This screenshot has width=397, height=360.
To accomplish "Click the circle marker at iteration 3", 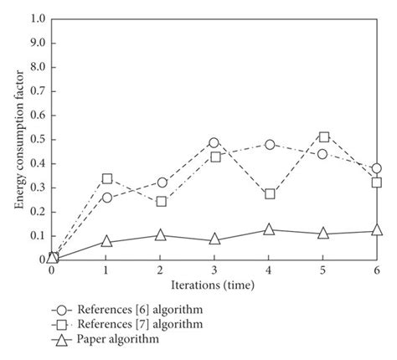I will (x=214, y=143).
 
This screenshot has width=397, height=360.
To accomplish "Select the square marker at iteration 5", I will (x=323, y=136).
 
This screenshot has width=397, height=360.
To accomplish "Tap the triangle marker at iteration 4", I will (x=269, y=229).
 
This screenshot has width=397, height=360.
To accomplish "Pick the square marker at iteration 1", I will (x=106, y=178).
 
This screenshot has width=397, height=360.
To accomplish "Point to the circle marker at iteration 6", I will (x=377, y=168).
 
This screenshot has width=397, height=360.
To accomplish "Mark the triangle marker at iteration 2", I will (x=161, y=234).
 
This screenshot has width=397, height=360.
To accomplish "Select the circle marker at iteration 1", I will (x=106, y=198).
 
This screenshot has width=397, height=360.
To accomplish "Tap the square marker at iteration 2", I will (x=161, y=202).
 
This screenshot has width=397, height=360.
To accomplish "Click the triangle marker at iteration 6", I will (x=377, y=230).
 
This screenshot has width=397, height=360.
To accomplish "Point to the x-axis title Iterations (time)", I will (x=214, y=285).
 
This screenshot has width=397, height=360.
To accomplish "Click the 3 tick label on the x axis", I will (x=214, y=270).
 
